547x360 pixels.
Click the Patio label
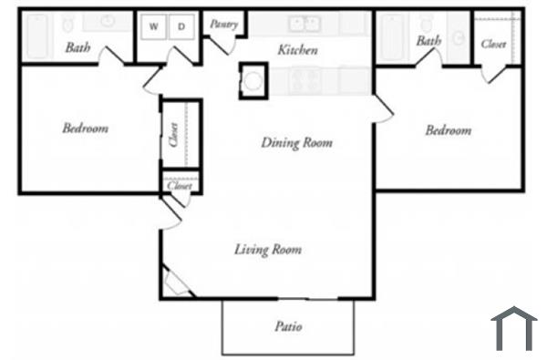click(x=288, y=326)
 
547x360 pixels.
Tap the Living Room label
click(x=268, y=249)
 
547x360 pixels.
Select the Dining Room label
click(x=296, y=142)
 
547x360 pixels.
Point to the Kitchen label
click(x=297, y=50)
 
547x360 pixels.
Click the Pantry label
click(x=223, y=25)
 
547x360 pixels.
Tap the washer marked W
click(x=153, y=27)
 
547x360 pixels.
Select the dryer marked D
click(x=181, y=27)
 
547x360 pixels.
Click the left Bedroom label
click(x=85, y=129)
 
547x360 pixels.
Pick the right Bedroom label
click(x=449, y=130)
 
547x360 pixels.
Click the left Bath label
click(x=77, y=47)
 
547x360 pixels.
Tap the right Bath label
click(x=428, y=41)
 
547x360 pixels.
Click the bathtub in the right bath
click(x=390, y=36)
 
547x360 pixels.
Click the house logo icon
click(x=513, y=328)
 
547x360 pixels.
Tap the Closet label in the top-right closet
click(x=493, y=43)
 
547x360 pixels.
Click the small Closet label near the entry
click(x=179, y=185)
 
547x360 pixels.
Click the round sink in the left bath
click(x=107, y=22)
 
